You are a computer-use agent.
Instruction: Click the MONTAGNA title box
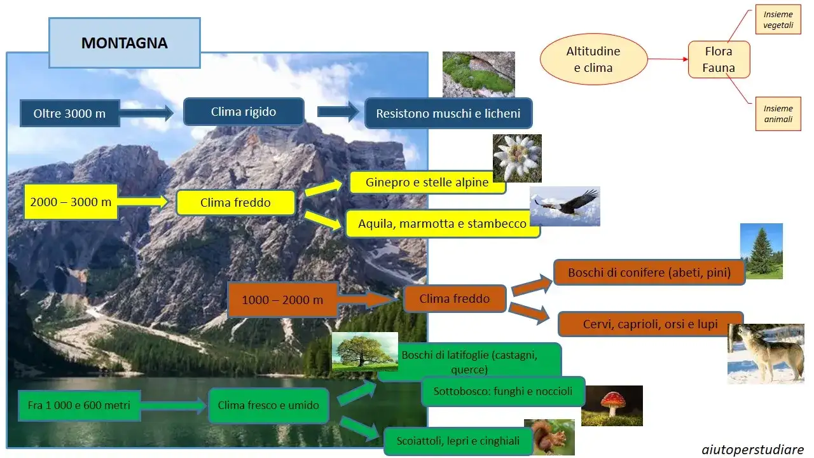[x=125, y=43]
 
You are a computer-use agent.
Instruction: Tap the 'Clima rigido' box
[x=243, y=112]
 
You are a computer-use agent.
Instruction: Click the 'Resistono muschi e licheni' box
[x=448, y=114]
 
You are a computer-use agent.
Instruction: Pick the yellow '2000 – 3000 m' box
[x=71, y=202]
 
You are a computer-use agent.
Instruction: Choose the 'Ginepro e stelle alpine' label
[x=427, y=183]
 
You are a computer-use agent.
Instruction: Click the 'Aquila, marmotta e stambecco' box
[x=442, y=223]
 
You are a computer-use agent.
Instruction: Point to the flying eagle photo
[x=565, y=206]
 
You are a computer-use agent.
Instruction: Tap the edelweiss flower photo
[x=517, y=158]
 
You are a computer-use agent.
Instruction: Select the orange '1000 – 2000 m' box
[x=282, y=300]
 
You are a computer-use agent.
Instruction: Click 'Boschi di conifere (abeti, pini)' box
[x=649, y=272]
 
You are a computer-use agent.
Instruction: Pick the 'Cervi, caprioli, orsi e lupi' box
[x=650, y=324]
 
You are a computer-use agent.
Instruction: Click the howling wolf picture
[x=766, y=354]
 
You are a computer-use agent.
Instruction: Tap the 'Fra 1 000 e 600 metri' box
[x=78, y=405]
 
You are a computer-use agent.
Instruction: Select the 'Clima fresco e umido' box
[x=268, y=405]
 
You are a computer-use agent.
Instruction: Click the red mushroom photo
[x=612, y=406]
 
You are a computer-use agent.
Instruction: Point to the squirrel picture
[x=549, y=436]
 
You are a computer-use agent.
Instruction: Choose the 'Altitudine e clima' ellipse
[x=593, y=59]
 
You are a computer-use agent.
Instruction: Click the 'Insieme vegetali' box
[x=778, y=20]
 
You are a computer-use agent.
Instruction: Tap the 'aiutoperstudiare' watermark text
[x=752, y=449]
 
